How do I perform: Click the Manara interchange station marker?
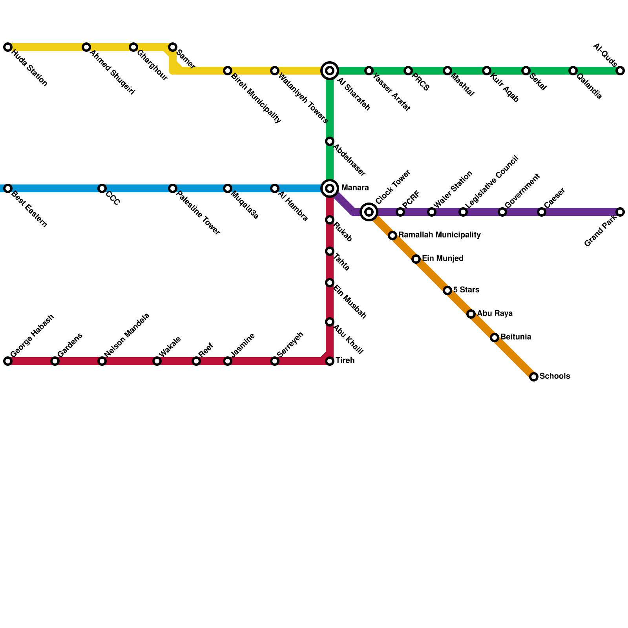click(x=330, y=188)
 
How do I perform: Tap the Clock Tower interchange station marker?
click(x=369, y=212)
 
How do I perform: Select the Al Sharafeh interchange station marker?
click(x=330, y=71)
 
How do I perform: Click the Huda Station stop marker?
click(x=8, y=47)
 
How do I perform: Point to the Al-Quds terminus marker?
click(x=620, y=71)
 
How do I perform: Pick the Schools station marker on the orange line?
click(x=534, y=377)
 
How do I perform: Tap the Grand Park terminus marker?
click(x=620, y=212)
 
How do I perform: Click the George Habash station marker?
click(x=8, y=361)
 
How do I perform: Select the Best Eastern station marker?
click(x=8, y=188)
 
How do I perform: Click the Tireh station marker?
click(x=330, y=361)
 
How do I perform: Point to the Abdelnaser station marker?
click(x=330, y=141)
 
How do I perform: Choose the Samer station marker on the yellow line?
click(x=173, y=47)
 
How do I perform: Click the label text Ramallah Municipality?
click(x=439, y=235)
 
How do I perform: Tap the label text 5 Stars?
click(x=466, y=290)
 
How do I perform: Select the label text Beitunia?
click(x=516, y=337)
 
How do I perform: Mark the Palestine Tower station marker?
click(x=173, y=188)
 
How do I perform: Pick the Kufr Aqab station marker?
click(x=487, y=71)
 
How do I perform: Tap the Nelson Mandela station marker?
click(x=102, y=361)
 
